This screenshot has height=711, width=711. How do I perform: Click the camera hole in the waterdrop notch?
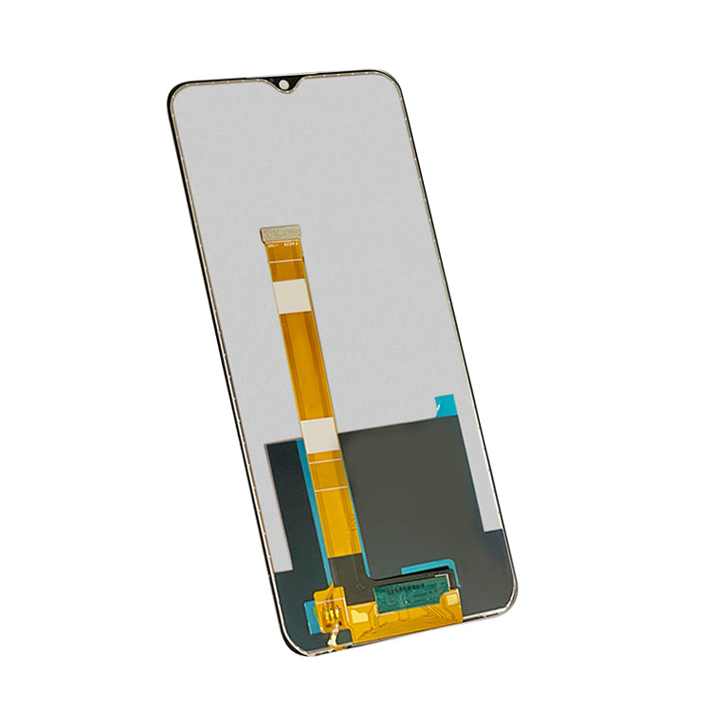[283, 86]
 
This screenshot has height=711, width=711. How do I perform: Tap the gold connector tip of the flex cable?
[281, 233]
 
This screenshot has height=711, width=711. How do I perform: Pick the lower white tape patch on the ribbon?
[319, 434]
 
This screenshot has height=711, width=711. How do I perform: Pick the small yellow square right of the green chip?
[455, 598]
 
